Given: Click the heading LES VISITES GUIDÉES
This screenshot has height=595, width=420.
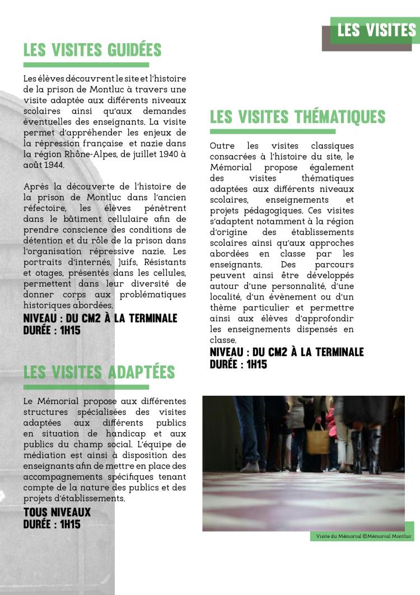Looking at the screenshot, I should point(92,50).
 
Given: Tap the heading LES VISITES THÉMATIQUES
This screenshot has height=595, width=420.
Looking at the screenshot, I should point(297,116).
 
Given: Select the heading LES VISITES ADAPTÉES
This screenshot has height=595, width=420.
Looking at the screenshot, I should point(99,372).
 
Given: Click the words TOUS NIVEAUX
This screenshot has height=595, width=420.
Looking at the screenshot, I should point(57,512).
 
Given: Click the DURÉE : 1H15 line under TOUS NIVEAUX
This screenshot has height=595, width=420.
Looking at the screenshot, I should point(52,524).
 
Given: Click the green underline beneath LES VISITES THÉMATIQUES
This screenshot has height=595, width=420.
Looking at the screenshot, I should point(272,132).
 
